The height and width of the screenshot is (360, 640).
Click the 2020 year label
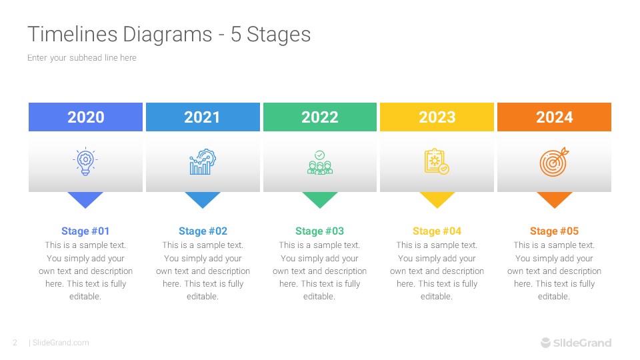[86, 117]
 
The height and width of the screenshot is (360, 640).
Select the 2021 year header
[203, 117]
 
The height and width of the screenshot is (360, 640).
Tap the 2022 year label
[320, 117]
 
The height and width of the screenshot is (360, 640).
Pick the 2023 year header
[437, 117]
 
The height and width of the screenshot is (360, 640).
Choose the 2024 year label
[554, 117]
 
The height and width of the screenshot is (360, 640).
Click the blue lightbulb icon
[85, 162]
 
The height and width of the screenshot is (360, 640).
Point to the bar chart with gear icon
[203, 162]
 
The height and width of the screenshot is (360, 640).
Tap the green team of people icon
[320, 163]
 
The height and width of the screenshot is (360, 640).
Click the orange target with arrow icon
[554, 162]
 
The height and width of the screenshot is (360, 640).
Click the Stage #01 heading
[85, 231]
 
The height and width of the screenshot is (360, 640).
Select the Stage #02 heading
[203, 231]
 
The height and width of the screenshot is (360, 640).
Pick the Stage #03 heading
[320, 231]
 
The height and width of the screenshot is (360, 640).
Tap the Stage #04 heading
[437, 231]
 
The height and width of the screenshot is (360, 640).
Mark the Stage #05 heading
[554, 231]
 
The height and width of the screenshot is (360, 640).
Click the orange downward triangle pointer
[554, 199]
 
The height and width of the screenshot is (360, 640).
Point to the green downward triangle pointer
[320, 199]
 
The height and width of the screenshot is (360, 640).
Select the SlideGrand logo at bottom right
[575, 343]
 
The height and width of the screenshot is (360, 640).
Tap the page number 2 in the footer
[15, 343]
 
